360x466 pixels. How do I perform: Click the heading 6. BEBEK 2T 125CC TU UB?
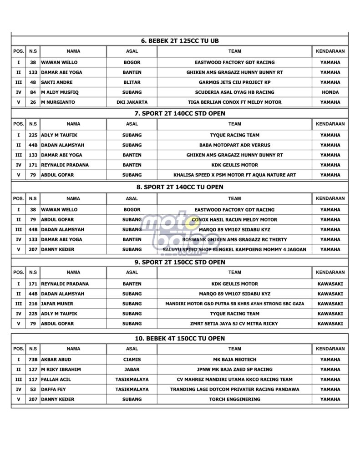(179, 41)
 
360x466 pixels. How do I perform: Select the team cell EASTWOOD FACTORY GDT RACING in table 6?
(234, 62)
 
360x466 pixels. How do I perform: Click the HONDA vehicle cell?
(330, 92)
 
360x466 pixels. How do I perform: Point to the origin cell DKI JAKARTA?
(132, 102)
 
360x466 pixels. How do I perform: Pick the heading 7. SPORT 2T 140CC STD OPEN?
(179, 113)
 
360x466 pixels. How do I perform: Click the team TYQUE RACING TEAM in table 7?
(234, 135)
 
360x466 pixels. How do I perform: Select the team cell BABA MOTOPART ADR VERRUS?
(234, 145)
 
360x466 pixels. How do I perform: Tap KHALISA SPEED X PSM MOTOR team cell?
(234, 175)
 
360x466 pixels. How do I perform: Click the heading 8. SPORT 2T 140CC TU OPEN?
(179, 187)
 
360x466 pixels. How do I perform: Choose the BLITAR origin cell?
(132, 82)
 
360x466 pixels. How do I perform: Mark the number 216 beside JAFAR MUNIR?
(33, 304)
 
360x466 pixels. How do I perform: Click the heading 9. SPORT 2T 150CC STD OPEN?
(179, 262)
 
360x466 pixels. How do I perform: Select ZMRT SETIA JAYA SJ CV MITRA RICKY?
(234, 324)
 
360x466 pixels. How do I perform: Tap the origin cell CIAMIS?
(132, 360)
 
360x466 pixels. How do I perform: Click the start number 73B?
(33, 360)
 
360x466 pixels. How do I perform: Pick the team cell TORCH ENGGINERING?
(234, 400)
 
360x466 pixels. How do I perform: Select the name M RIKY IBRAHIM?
(61, 370)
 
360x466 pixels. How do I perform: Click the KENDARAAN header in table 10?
(330, 349)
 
